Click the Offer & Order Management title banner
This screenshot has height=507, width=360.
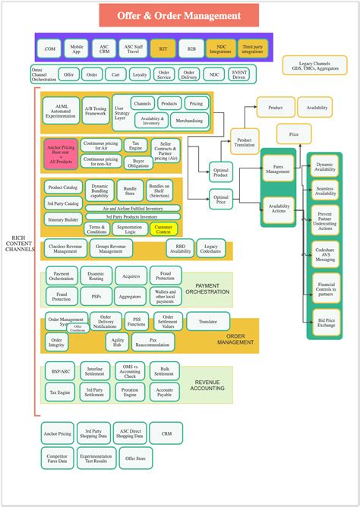[x=179, y=15]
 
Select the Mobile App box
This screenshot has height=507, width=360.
[x=76, y=49]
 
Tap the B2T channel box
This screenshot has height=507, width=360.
[x=163, y=49]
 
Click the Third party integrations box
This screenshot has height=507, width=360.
[x=252, y=49]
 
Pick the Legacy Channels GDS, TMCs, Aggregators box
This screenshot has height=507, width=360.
[x=314, y=65]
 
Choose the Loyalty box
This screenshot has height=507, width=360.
[x=140, y=74]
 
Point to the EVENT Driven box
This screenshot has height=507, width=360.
[x=240, y=74]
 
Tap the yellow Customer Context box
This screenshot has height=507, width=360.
[x=165, y=228]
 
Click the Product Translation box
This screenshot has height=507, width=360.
[x=245, y=140]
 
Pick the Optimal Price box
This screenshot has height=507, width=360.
[x=222, y=200]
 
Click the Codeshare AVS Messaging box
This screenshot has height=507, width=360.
[x=325, y=254]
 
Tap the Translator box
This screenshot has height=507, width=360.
[x=207, y=322]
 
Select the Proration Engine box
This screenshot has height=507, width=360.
[x=130, y=392]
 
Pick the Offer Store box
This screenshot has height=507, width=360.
[x=135, y=458]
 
